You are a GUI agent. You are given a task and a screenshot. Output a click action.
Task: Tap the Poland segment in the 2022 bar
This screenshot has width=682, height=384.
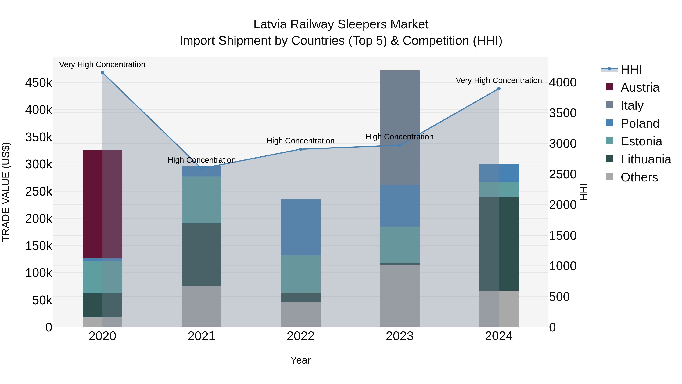[x=300, y=227]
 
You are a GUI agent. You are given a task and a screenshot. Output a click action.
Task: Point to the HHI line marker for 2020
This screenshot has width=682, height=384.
[x=102, y=73]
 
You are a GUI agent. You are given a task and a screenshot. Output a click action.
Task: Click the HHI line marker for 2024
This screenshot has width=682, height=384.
[x=499, y=89]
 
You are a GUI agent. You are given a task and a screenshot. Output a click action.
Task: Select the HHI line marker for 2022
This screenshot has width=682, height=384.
[x=300, y=149]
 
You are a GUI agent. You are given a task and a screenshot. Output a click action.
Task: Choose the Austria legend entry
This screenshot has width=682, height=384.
[x=639, y=87]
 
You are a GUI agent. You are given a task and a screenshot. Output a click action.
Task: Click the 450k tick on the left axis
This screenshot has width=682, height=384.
[x=39, y=83]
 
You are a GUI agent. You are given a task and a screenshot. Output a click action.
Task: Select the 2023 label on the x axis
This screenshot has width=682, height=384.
[x=400, y=336]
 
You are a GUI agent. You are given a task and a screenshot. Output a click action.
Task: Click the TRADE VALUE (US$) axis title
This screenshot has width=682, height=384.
[x=6, y=192]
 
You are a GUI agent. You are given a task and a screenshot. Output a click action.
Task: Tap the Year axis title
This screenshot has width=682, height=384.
[x=300, y=360]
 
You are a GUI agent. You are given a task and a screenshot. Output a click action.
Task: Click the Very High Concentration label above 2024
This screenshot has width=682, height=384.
[x=499, y=80]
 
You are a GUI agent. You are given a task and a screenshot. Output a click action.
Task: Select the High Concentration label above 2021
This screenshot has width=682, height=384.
[x=202, y=160]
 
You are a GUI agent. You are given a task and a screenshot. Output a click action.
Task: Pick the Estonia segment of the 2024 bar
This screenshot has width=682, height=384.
[x=499, y=189]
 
